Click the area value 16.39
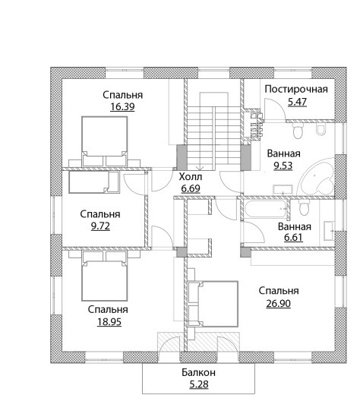122,107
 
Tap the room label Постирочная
296,89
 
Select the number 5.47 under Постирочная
298,102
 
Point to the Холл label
191,177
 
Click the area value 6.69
191,188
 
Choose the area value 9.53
283,166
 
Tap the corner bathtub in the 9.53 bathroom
317,177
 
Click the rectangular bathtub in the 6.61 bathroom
265,209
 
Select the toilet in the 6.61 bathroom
304,207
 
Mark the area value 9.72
100,226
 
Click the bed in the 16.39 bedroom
104,141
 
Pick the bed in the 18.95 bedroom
104,276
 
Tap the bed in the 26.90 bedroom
213,304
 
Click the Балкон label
198,372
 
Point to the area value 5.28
199,384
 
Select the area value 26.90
278,303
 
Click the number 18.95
109,322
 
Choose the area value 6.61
293,238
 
